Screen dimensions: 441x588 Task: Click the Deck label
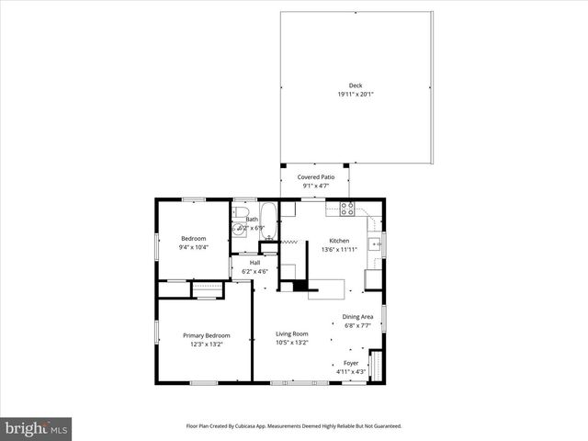point(355,85)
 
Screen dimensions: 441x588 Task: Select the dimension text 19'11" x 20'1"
point(355,94)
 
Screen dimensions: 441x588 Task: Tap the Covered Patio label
point(315,176)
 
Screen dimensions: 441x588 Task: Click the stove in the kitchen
point(347,209)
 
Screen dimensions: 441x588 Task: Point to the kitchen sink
point(374,243)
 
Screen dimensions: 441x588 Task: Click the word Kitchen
point(339,240)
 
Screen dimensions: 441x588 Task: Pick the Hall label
point(254,263)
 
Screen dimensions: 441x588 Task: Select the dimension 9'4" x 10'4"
point(193,247)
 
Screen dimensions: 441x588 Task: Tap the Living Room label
point(292,334)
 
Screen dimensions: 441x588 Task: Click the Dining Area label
point(357,317)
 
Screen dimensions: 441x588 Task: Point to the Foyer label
point(351,363)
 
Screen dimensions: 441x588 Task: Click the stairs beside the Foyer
point(374,365)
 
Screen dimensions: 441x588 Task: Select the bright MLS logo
point(36,428)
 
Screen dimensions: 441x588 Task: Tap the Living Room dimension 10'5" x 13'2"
point(292,342)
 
